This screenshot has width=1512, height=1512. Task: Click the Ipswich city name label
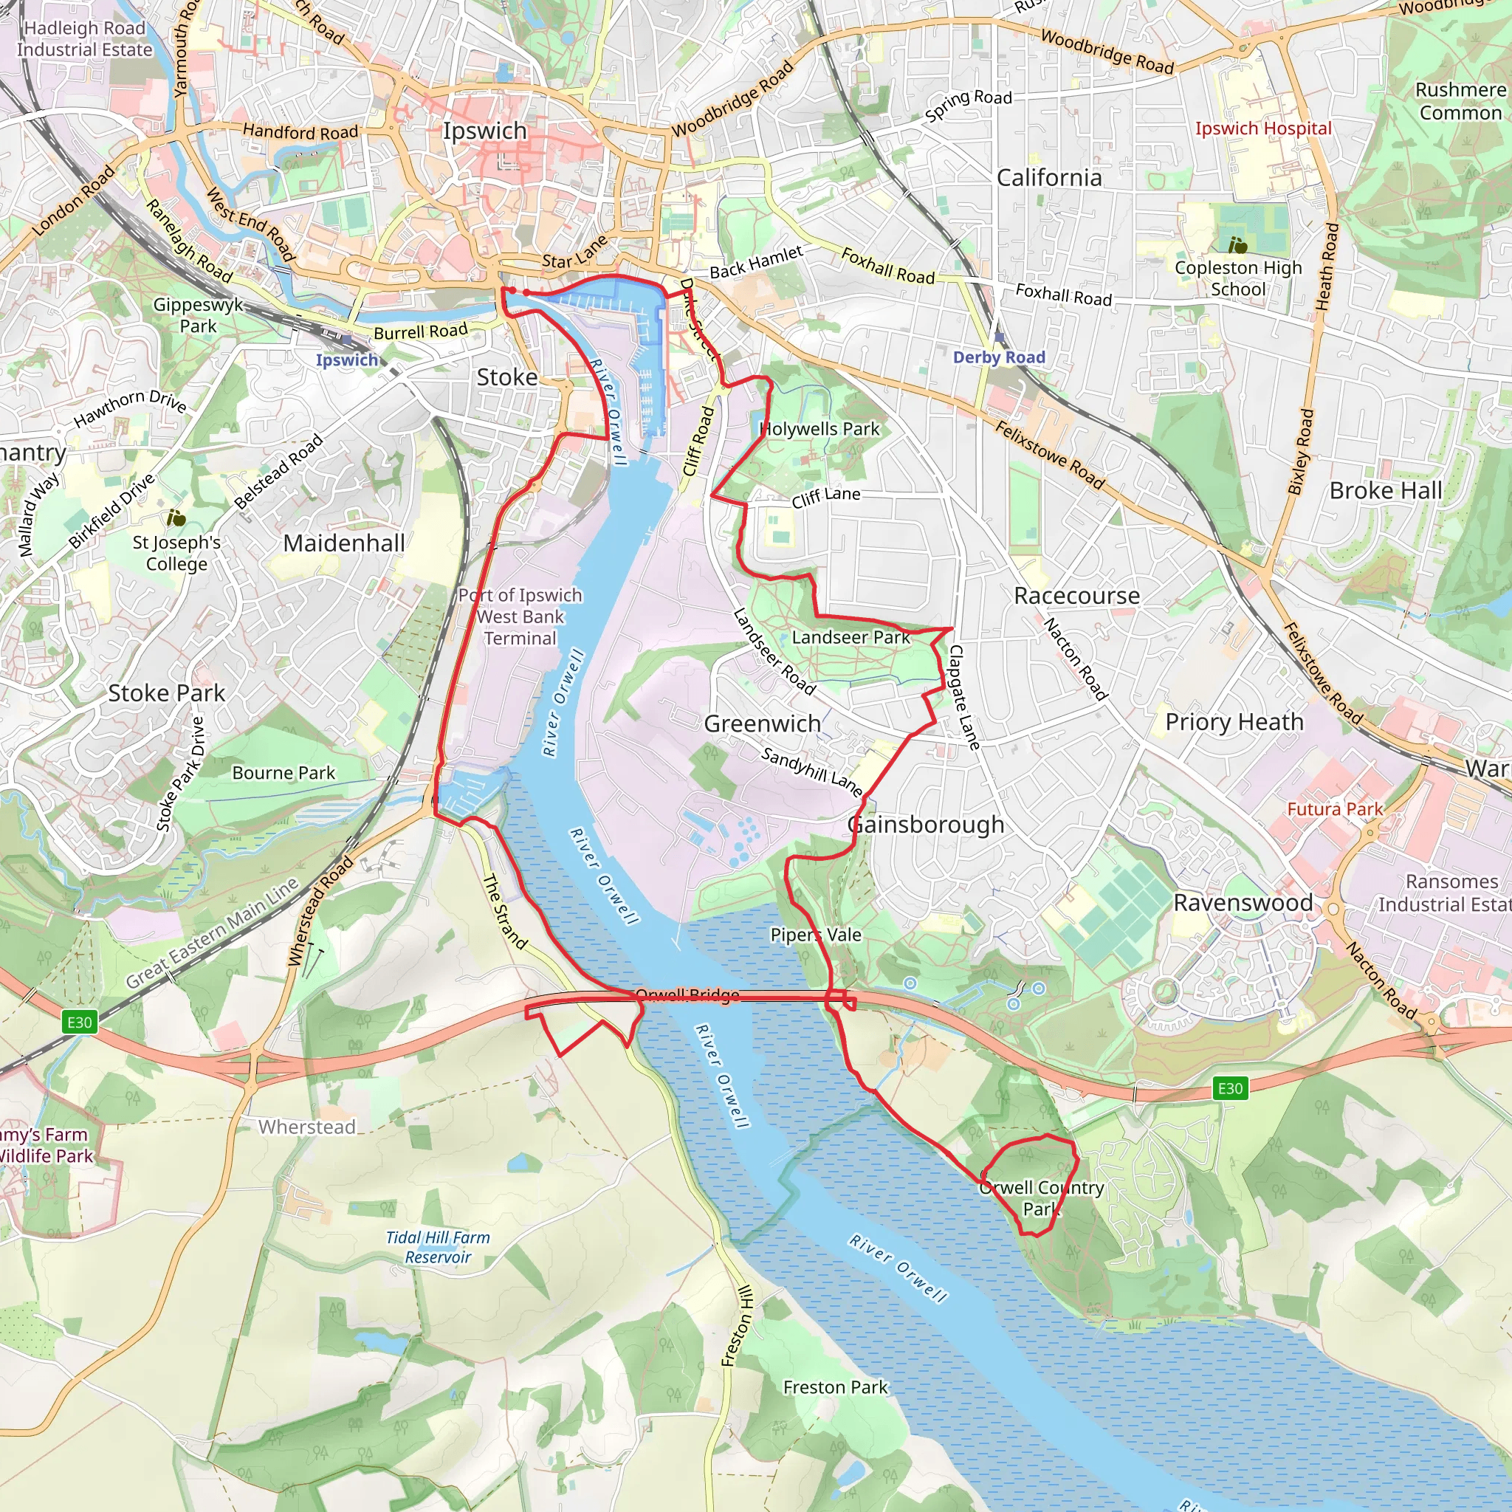(x=484, y=131)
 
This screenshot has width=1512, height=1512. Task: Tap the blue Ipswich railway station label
(x=347, y=360)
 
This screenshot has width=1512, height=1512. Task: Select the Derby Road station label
(x=999, y=357)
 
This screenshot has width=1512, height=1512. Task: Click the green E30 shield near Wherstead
(x=79, y=1022)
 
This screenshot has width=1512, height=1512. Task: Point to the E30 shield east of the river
(x=1229, y=1087)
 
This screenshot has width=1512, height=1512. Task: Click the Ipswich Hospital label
(x=1262, y=128)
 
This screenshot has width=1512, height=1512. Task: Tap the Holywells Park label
(x=820, y=429)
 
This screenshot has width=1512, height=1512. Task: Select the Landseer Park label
(x=850, y=637)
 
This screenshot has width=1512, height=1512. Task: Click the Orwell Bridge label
(x=687, y=994)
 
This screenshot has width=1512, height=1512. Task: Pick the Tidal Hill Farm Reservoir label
(x=439, y=1248)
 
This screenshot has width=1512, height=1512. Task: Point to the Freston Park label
(x=835, y=1387)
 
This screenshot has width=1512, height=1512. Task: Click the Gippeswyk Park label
(x=198, y=315)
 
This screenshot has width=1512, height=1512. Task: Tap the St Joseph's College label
(x=176, y=553)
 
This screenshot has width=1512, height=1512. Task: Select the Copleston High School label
(x=1237, y=278)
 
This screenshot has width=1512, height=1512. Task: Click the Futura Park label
(x=1335, y=808)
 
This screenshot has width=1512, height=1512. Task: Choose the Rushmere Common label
(x=1460, y=102)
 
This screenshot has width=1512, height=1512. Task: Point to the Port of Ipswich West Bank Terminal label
(x=520, y=616)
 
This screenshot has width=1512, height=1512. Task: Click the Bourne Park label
(x=283, y=773)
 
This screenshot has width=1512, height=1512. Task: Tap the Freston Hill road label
(x=738, y=1326)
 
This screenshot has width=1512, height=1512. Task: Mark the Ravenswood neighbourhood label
(x=1243, y=902)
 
